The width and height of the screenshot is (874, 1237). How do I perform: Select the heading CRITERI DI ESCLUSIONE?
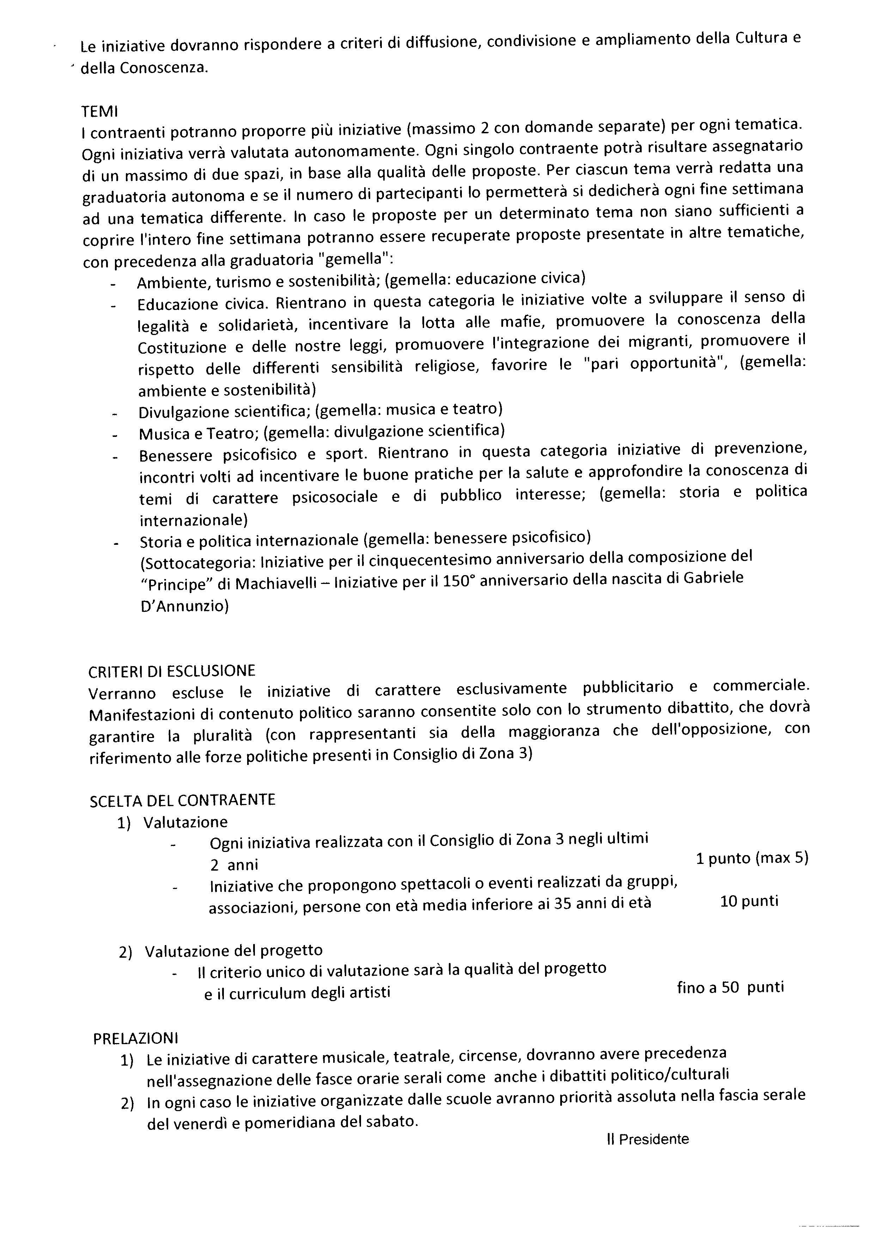click(172, 671)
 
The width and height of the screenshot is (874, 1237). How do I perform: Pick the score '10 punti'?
click(749, 901)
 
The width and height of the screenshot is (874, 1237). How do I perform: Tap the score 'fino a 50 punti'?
click(730, 987)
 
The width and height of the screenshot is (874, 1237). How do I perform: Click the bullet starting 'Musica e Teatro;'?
click(321, 433)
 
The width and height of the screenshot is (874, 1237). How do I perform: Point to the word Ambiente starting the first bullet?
click(172, 283)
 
